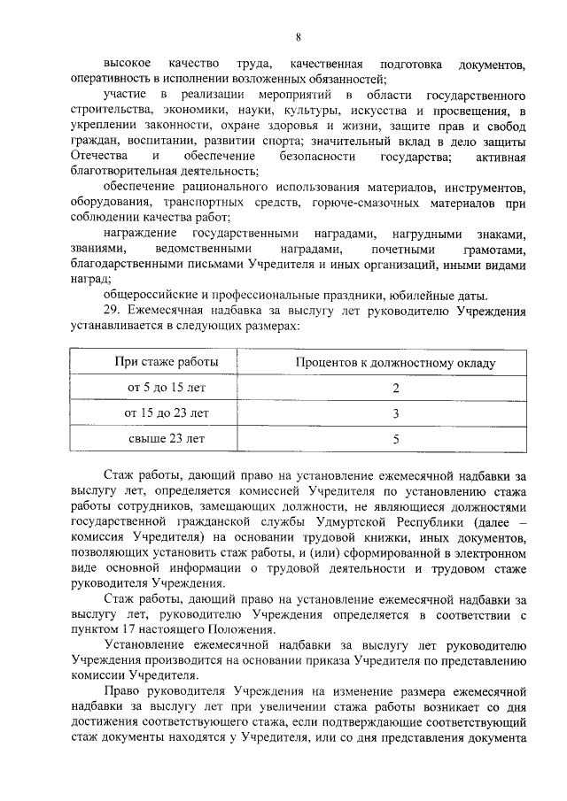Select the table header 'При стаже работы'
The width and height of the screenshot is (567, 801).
click(167, 362)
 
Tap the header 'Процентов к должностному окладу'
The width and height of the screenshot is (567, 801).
click(396, 362)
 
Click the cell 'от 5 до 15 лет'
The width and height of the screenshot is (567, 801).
click(167, 388)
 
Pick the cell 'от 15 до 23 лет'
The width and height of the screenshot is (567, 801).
click(167, 412)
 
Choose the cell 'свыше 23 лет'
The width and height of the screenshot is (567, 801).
click(167, 437)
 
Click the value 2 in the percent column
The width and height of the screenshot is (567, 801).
click(396, 388)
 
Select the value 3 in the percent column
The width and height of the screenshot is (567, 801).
click(396, 412)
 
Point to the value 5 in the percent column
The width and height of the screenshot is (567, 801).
click(396, 437)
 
